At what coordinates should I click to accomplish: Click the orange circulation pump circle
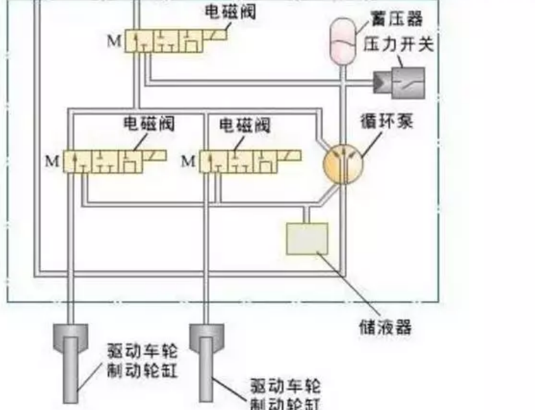(x=342, y=164)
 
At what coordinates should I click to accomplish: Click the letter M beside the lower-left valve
(x=52, y=162)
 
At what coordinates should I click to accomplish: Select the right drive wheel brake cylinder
(x=206, y=357)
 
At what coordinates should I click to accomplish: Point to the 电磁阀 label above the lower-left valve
(x=149, y=124)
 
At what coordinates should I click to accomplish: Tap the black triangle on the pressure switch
(x=381, y=82)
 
